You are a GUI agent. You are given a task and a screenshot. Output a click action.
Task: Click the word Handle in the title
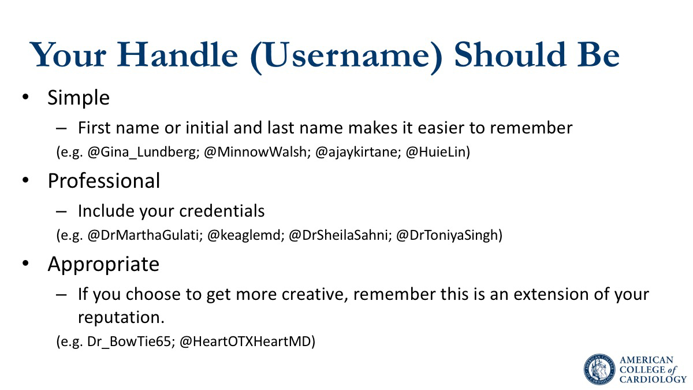(x=177, y=55)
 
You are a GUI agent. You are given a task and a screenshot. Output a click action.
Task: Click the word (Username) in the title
(x=346, y=57)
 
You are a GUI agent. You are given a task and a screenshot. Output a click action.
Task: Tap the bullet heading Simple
(x=79, y=98)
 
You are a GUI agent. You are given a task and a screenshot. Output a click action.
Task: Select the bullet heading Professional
(x=104, y=181)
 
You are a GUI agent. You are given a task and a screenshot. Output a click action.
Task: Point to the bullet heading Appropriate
(x=103, y=265)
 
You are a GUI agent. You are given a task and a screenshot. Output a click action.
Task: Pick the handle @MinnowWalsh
(x=256, y=152)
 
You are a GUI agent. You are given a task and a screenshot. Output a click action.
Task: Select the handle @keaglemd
(x=244, y=235)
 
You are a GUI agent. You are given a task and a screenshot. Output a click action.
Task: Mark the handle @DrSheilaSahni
(x=339, y=235)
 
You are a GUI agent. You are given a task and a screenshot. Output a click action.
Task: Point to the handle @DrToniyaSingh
(x=448, y=235)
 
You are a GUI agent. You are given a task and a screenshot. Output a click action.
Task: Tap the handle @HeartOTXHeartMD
(x=245, y=341)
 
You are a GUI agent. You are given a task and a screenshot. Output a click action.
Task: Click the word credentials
(x=222, y=211)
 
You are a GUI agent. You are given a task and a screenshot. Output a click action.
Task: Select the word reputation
(x=121, y=318)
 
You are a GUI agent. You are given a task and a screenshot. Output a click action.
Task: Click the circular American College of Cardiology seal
(x=599, y=369)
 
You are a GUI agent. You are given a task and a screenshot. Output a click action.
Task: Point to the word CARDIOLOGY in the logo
(x=653, y=380)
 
